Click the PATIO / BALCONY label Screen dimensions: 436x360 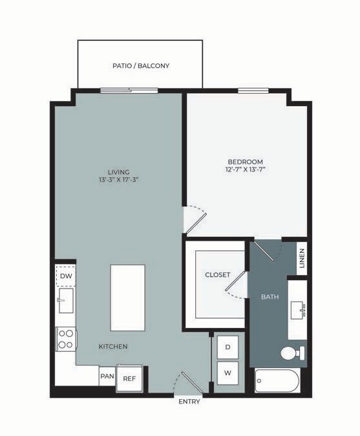coord(140,66)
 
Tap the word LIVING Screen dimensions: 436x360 coord(118,171)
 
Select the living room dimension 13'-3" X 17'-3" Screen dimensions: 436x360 coord(118,180)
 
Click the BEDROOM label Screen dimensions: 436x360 coord(246,162)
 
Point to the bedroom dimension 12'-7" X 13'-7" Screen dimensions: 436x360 coord(246,170)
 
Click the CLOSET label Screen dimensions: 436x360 coord(217,275)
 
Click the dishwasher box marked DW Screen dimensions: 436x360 coord(65,276)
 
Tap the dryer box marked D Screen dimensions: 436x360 coord(228,347)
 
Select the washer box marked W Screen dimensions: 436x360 coord(228,373)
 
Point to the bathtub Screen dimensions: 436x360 coord(277,381)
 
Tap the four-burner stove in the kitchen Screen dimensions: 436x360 coord(66,338)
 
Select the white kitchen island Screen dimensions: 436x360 coord(127,297)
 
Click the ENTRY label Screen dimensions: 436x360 coord(189,402)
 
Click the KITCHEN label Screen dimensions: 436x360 coord(113,347)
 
